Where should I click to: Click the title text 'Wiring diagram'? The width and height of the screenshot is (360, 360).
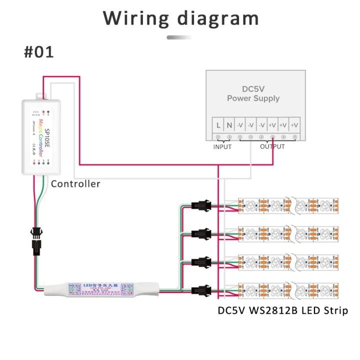coord(181,18)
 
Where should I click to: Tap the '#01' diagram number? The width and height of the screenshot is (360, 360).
coord(38,52)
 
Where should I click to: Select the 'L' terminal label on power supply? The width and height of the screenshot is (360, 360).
coord(218,124)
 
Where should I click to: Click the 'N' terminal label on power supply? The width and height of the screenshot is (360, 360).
coord(229,124)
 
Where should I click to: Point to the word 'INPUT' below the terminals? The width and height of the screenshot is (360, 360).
coord(222,147)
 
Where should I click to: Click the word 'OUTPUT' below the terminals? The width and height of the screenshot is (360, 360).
coord(272,147)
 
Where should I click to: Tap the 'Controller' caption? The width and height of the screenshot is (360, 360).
coord(75,184)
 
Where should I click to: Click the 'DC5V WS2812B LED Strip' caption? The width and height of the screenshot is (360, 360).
coord(283,310)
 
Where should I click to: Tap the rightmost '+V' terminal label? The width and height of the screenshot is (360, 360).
coord(294,124)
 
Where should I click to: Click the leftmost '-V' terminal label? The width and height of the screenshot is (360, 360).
coord(240,124)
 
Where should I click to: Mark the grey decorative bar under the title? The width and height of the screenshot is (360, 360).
coord(179,37)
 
